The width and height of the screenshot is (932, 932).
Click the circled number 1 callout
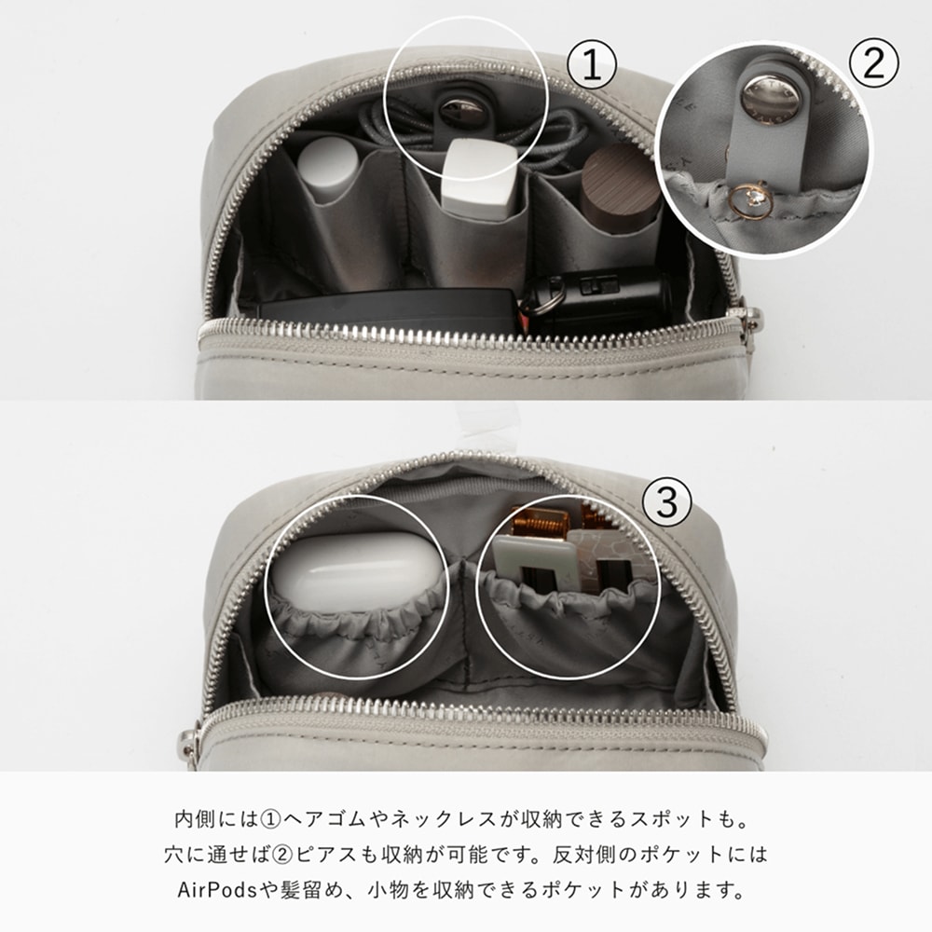click(592, 65)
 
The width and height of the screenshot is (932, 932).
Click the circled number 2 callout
click(873, 63)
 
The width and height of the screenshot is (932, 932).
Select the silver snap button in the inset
click(771, 95)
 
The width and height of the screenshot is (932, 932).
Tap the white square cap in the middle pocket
click(479, 178)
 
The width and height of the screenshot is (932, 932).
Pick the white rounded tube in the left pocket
click(328, 170)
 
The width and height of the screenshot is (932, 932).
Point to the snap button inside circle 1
click(462, 111)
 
